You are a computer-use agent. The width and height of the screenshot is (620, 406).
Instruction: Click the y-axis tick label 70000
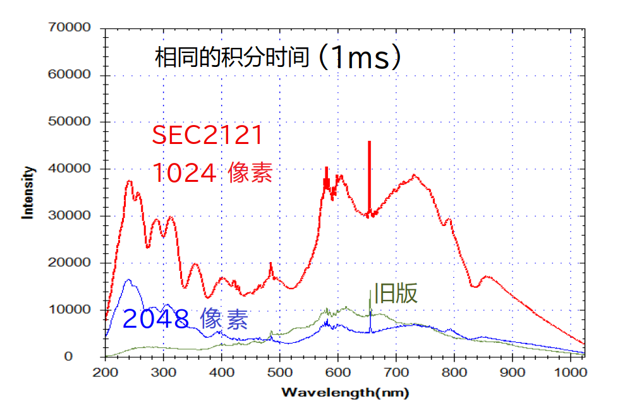pos(69,28)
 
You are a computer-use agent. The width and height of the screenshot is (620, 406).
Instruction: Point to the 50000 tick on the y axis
pos(69,122)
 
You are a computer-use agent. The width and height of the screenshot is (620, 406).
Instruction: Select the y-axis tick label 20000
pos(69,263)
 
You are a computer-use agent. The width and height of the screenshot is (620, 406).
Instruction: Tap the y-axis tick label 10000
pos(69,309)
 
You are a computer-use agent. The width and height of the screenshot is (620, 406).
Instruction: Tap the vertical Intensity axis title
pos(28,192)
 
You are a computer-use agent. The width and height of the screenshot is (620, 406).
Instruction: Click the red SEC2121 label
pos(207,135)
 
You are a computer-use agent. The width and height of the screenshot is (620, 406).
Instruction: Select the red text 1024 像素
pos(212,172)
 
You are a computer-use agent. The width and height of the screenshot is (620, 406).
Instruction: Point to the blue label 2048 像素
pos(185,319)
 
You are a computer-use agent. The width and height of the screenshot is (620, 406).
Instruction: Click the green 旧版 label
pos(396,293)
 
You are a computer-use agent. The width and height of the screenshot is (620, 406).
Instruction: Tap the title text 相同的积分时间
pos(231,58)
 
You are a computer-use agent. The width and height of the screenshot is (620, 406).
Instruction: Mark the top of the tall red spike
pos(370,142)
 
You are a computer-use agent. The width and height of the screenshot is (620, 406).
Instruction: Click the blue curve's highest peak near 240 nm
pos(129,279)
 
